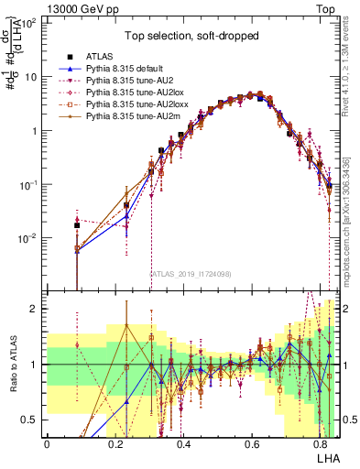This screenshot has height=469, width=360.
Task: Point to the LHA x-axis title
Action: click(x=326, y=457)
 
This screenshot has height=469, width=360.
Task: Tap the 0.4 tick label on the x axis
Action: click(x=184, y=444)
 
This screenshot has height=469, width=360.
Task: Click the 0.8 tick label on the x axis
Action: click(x=322, y=444)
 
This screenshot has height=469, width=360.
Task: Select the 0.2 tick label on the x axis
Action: click(x=115, y=444)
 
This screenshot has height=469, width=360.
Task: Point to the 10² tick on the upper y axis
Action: click(x=29, y=22)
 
